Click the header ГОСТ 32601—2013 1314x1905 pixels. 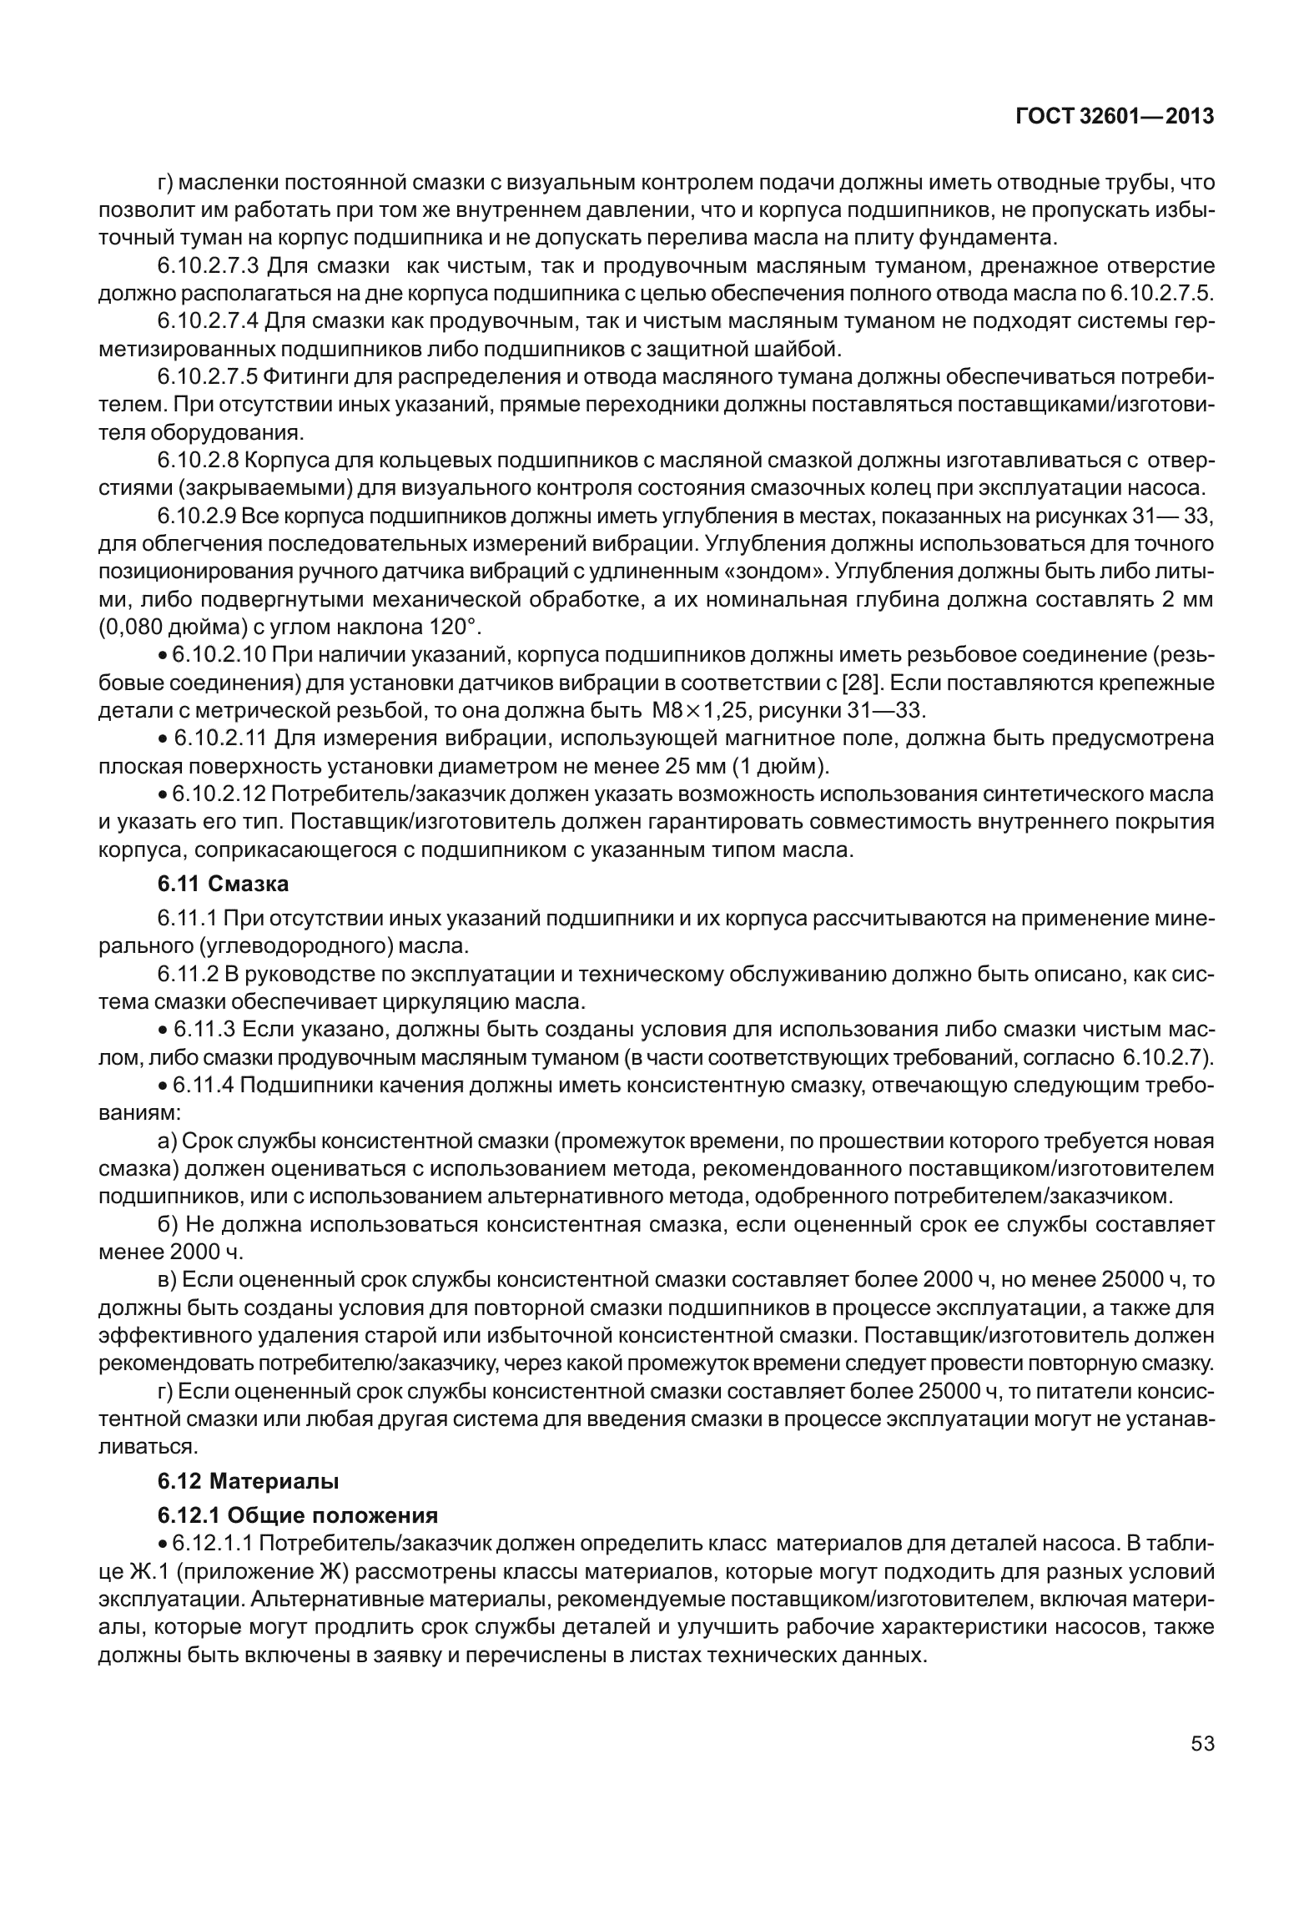[1114, 117]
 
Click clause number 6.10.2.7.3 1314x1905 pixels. [210, 267]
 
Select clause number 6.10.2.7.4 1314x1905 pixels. [210, 322]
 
